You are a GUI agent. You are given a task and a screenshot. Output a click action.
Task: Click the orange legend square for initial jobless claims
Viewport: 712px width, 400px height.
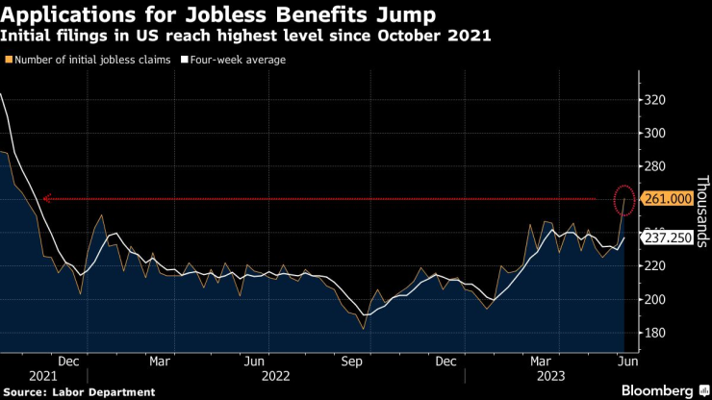pyautogui.click(x=9, y=60)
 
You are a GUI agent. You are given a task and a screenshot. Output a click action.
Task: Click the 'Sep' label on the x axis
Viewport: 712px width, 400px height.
pyautogui.click(x=351, y=362)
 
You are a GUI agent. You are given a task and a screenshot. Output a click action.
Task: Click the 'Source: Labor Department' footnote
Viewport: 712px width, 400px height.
pyautogui.click(x=78, y=391)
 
